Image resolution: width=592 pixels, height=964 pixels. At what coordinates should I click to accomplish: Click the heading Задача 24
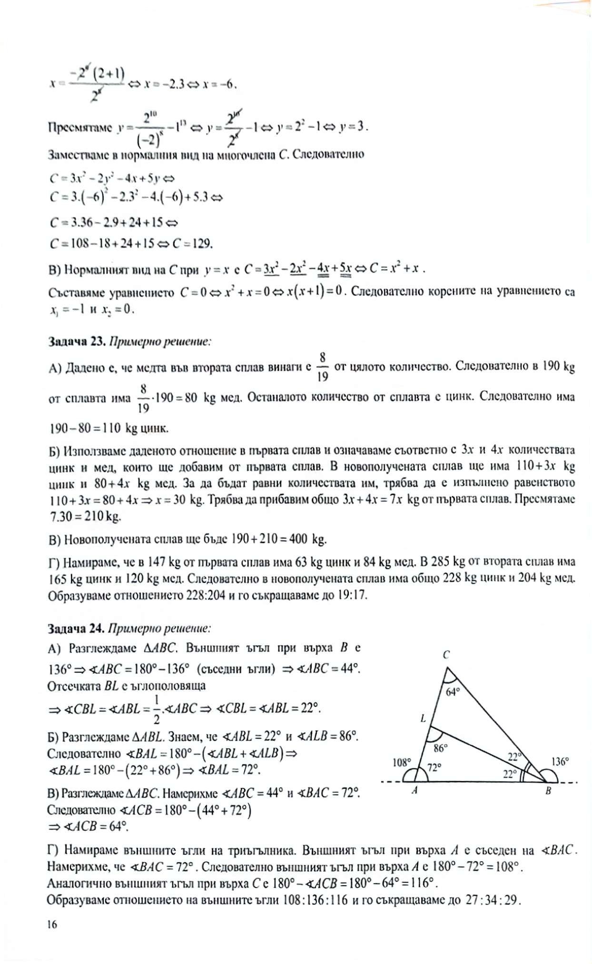point(76,628)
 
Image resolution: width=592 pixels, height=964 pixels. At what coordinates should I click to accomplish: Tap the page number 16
point(52,924)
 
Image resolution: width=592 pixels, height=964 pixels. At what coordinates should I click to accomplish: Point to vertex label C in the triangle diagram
point(446,655)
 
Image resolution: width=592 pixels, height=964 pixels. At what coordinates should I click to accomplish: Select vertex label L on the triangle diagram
point(423,719)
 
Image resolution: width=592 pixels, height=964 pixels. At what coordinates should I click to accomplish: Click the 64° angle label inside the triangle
point(453,692)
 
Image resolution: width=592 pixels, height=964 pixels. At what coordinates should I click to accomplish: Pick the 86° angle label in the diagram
point(441,748)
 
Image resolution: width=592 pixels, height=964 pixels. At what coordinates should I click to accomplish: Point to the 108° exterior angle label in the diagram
point(401,763)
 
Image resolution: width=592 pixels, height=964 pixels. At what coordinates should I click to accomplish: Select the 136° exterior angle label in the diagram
point(560,762)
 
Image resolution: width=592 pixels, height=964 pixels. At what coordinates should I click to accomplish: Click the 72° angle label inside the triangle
point(434,767)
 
